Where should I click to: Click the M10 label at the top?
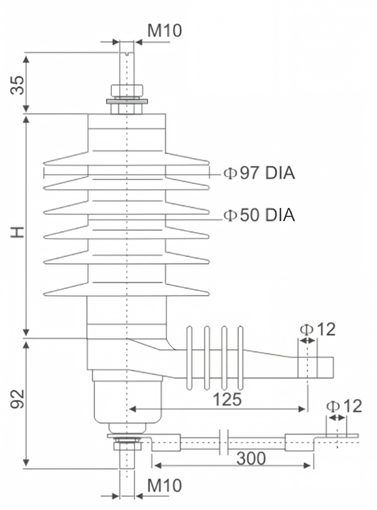tap(165, 30)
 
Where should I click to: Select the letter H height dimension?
tap(18, 232)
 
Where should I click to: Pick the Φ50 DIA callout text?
tap(259, 215)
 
